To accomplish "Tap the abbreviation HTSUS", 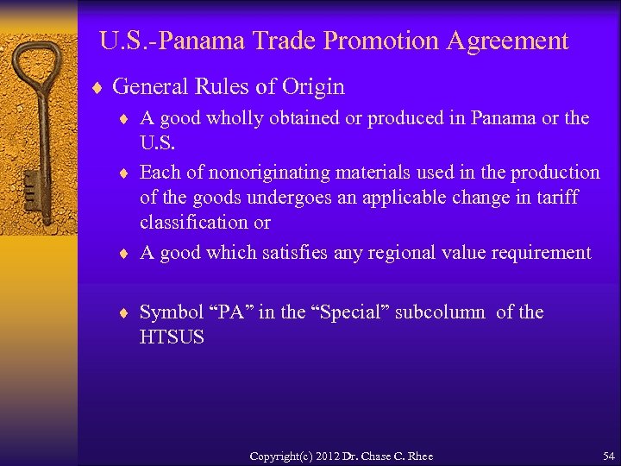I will [x=172, y=337].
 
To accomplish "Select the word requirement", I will [x=541, y=252].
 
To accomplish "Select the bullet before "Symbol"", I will [x=126, y=312].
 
